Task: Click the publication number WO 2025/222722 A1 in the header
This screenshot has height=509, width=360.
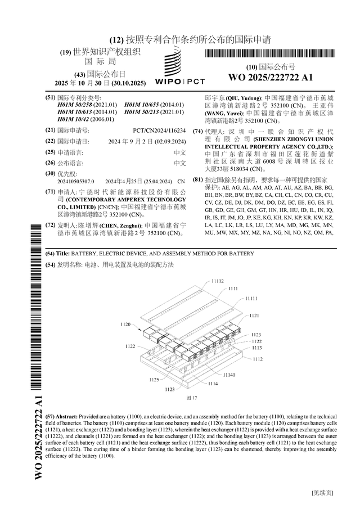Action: tap(271, 77)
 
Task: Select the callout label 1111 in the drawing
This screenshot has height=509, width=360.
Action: tap(232, 289)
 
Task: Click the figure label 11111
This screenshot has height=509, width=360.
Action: tap(251, 299)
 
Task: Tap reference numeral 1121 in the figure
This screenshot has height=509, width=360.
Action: tap(254, 316)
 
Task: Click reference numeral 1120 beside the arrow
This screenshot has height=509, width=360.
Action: tap(125, 325)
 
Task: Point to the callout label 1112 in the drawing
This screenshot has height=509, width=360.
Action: tap(257, 359)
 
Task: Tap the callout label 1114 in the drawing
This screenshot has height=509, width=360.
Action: tap(213, 384)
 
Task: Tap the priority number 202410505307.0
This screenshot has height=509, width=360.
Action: tap(76, 182)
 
